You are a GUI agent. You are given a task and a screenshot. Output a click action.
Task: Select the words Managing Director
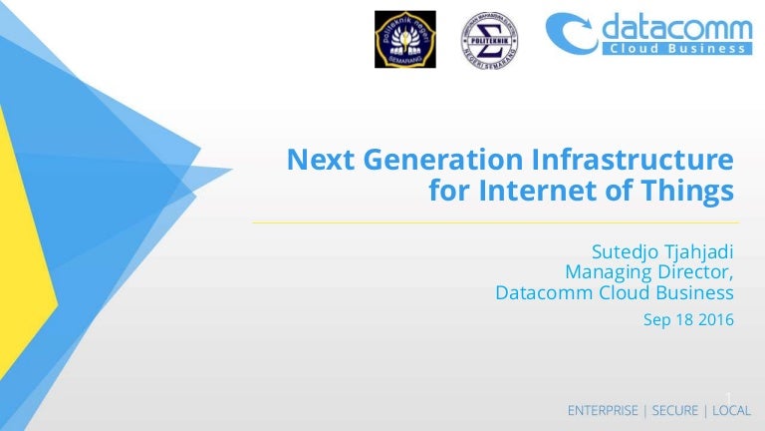[x=648, y=269]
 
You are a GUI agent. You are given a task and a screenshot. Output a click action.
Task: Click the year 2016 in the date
[x=714, y=320]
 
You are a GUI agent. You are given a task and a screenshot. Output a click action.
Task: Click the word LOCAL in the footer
[x=731, y=411]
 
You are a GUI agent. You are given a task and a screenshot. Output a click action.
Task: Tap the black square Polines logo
[x=404, y=40]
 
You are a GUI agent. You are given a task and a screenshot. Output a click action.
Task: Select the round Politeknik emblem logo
[x=489, y=41]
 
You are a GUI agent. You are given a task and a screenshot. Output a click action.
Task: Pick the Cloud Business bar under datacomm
[x=676, y=48]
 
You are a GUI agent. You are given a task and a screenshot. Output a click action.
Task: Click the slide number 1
[x=729, y=397]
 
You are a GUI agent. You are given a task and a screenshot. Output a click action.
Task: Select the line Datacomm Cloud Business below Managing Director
[x=615, y=292]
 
